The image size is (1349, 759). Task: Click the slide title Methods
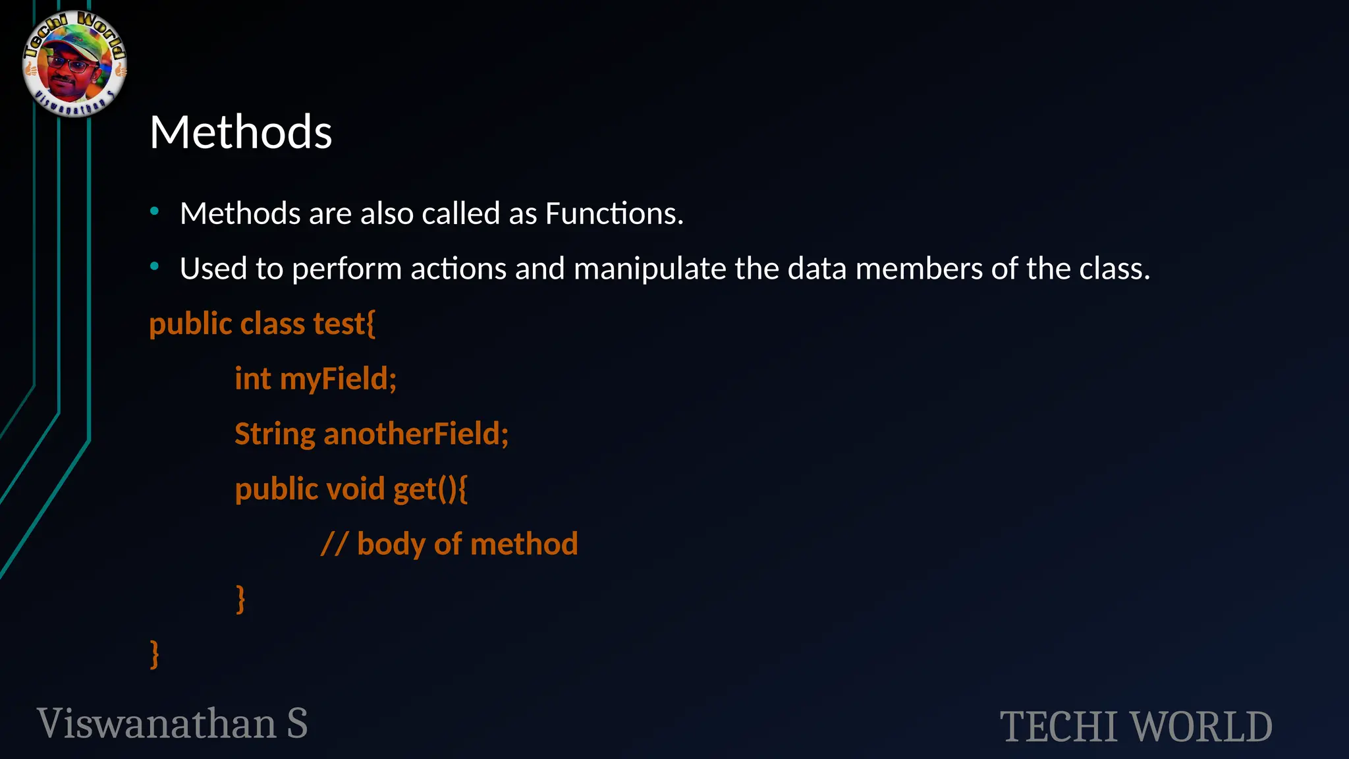click(x=240, y=132)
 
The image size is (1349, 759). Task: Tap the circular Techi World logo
click(x=74, y=64)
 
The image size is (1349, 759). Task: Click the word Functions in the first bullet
click(x=614, y=214)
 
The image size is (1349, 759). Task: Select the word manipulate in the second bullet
click(x=649, y=269)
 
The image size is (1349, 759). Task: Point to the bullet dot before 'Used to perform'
click(x=155, y=267)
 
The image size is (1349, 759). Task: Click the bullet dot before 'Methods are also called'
click(x=155, y=211)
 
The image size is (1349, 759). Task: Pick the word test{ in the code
click(x=344, y=324)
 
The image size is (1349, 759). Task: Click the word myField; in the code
click(x=338, y=379)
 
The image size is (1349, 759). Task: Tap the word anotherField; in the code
click(x=416, y=434)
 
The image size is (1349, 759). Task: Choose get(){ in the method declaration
click(x=430, y=490)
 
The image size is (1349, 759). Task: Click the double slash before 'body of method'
click(x=334, y=545)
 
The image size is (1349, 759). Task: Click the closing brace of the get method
click(x=240, y=599)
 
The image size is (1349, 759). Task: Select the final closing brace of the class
click(x=155, y=654)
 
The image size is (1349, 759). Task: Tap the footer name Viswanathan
click(x=157, y=723)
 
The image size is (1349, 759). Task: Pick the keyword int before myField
click(x=253, y=379)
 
